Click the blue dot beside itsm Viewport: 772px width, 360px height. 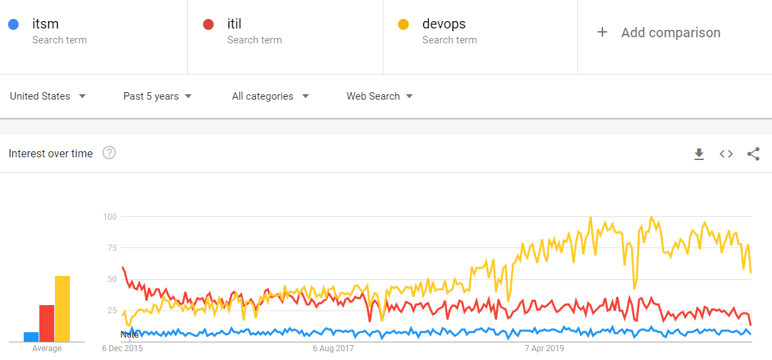pos(13,24)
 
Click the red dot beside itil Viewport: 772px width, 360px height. pos(208,24)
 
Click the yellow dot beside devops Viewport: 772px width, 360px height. pos(403,24)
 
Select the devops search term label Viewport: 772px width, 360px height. pos(444,24)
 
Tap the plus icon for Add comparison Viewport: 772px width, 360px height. pos(602,33)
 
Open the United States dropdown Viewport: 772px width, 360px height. pos(47,96)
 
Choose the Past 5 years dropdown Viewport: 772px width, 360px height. pos(157,96)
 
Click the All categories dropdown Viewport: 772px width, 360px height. pos(270,96)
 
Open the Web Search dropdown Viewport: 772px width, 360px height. pos(379,96)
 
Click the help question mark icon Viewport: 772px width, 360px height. pos(109,153)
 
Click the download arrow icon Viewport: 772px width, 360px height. pos(699,155)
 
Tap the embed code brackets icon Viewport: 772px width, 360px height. pos(726,154)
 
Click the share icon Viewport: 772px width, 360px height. pos(753,154)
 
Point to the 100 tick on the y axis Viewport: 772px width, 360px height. pos(110,217)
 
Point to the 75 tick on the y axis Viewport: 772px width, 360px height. pos(112,248)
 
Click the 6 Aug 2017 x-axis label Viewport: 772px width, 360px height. pos(333,348)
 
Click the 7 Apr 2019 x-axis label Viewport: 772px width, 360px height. pos(545,348)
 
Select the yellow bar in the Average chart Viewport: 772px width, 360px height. pos(62,308)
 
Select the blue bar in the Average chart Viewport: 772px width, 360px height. pos(31,336)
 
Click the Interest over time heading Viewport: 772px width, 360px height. pos(51,154)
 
